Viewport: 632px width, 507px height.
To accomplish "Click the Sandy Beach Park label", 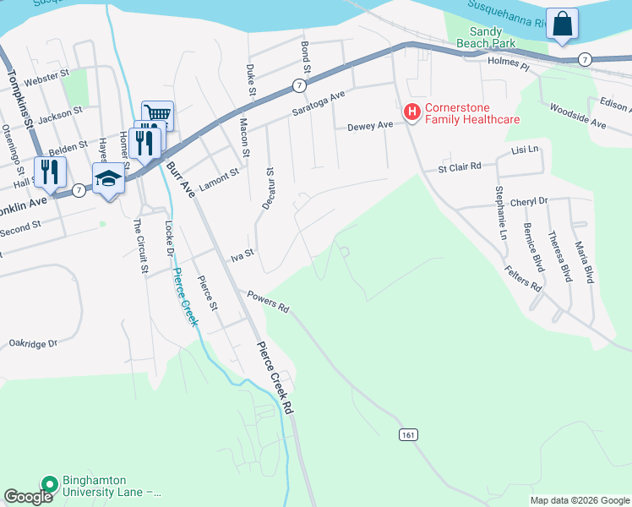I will (485, 36).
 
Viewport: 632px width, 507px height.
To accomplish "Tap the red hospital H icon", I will (411, 112).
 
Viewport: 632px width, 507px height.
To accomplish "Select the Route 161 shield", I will (408, 434).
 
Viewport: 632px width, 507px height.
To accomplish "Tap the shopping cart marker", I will (157, 113).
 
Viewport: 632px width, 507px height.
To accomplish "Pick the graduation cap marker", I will (108, 179).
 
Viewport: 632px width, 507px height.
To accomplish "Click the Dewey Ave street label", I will (370, 126).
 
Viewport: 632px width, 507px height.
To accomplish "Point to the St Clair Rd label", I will (459, 167).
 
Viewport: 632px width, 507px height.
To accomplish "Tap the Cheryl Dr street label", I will (530, 202).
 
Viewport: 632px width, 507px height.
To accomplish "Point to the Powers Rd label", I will (268, 302).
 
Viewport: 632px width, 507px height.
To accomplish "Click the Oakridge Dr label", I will (32, 344).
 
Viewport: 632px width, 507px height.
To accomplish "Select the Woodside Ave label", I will (578, 116).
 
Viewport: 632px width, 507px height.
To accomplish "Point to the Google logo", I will (29, 497).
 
